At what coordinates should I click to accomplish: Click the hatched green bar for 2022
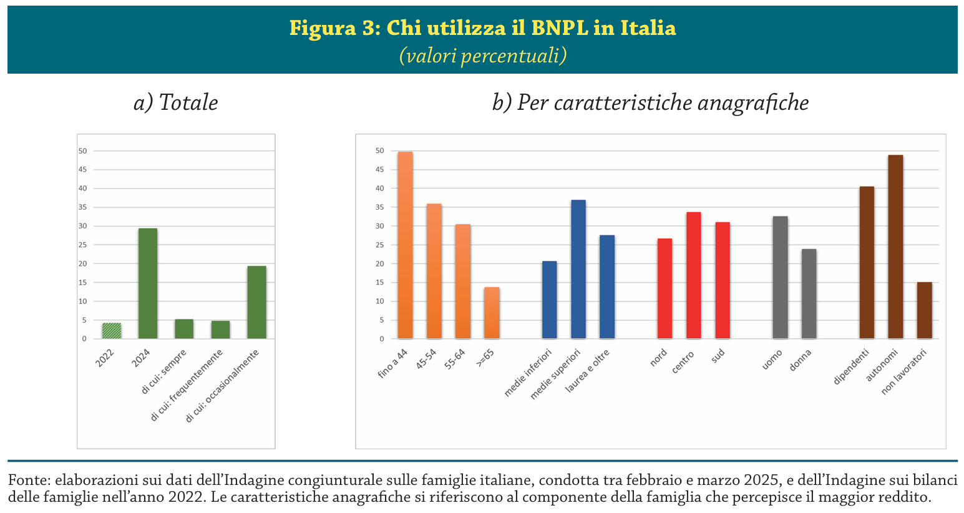(x=112, y=331)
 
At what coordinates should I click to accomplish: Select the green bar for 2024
(x=148, y=283)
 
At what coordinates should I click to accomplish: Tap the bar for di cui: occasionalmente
(x=256, y=302)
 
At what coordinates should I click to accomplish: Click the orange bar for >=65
(x=492, y=313)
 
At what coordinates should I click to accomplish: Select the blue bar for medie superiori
(x=578, y=269)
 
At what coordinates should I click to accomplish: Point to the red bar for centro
(x=694, y=275)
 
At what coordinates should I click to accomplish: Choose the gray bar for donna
(x=809, y=293)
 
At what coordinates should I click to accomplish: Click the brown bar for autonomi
(x=895, y=247)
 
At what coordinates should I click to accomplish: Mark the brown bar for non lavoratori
(x=924, y=310)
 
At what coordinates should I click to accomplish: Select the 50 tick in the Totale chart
(x=82, y=151)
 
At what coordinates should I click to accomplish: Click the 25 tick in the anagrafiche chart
(x=380, y=245)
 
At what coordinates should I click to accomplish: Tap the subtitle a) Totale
(x=176, y=102)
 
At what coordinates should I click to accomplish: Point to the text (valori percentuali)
(x=482, y=56)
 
